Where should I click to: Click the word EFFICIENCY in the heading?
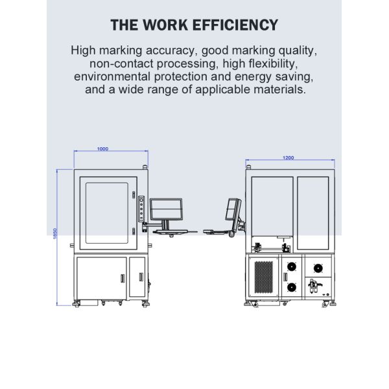tap(235, 25)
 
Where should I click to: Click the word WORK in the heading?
tap(165, 25)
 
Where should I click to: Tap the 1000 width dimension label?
tap(102, 149)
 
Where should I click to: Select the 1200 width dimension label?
tap(289, 158)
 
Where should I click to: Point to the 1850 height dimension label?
tap(55, 233)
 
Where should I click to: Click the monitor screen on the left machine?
tap(166, 209)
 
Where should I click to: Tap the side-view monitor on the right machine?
tap(233, 209)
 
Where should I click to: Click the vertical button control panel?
tap(141, 209)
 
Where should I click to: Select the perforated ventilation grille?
tap(263, 277)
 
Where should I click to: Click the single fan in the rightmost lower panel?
tap(318, 268)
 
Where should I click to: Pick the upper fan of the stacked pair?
tap(292, 267)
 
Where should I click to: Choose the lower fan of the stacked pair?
tap(292, 287)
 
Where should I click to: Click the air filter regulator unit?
tap(314, 286)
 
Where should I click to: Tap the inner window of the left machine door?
tap(107, 213)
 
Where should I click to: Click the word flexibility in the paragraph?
tap(273, 64)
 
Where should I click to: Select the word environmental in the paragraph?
tap(112, 77)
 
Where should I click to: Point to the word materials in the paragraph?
tap(279, 89)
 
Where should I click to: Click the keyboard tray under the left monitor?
tap(171, 231)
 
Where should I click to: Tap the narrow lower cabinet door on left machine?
tap(137, 277)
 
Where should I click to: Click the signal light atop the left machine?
tap(145, 167)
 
